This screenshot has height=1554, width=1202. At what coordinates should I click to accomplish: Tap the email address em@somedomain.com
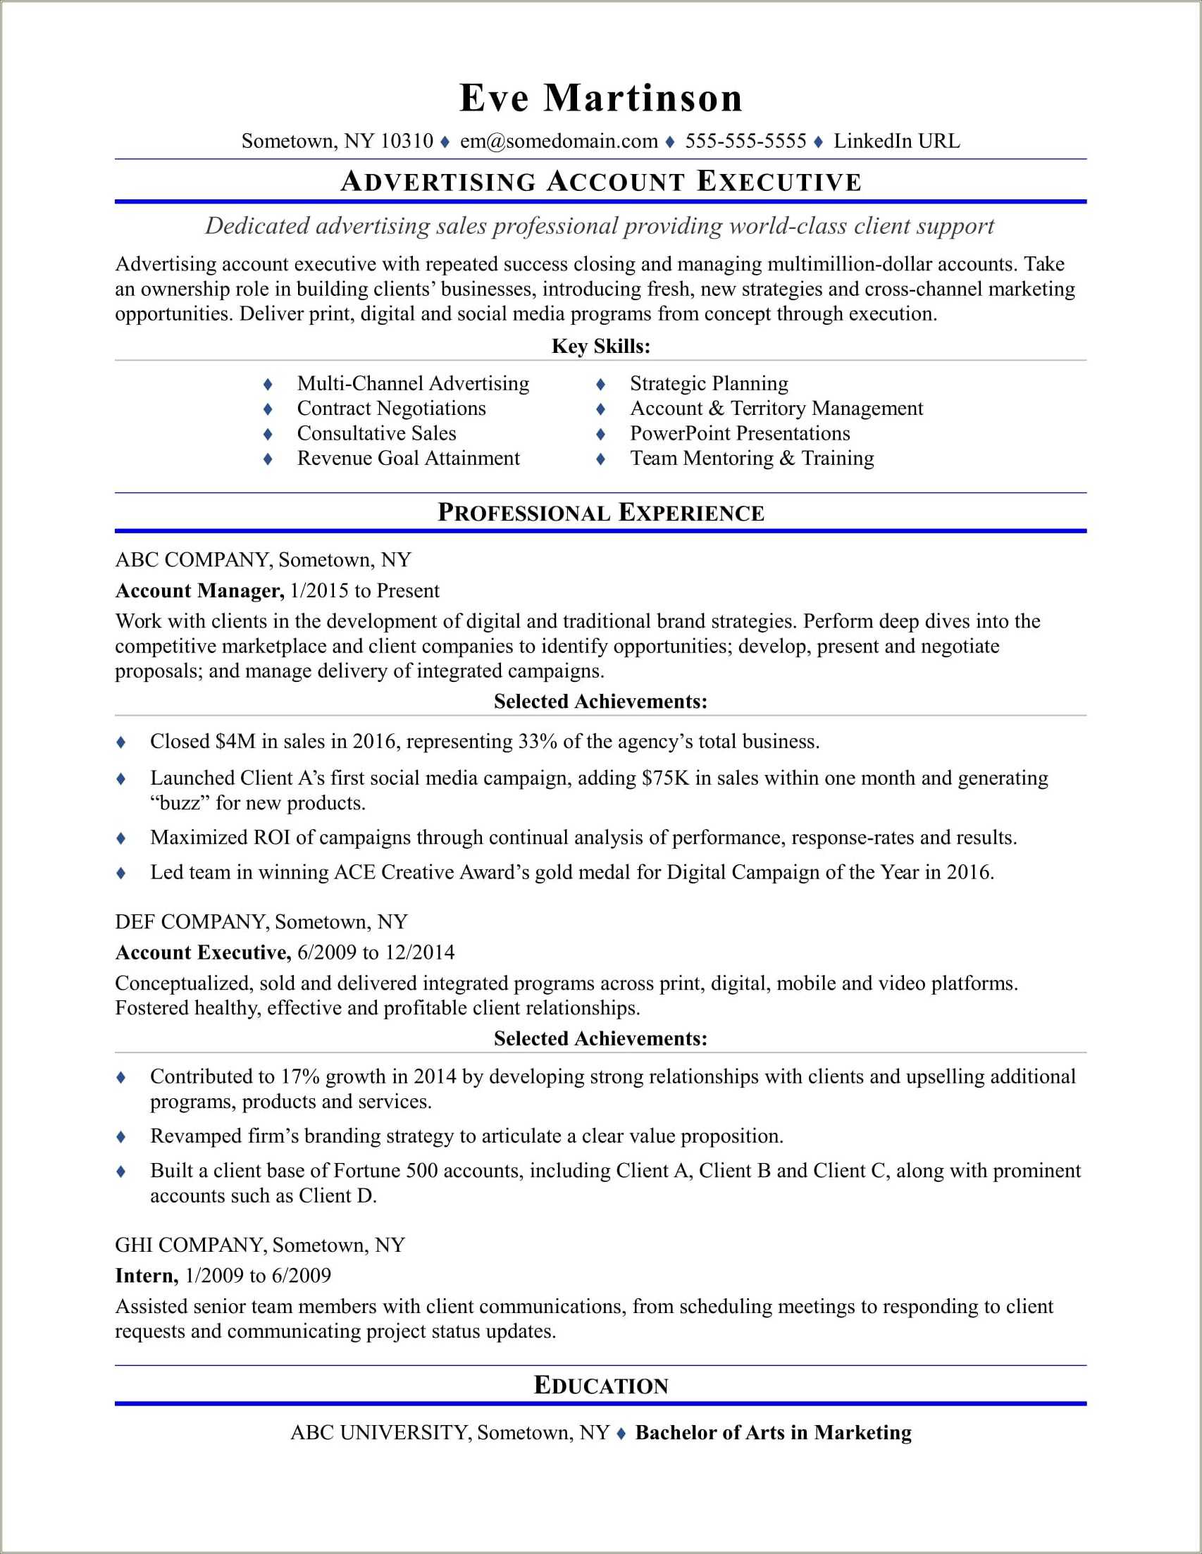[559, 141]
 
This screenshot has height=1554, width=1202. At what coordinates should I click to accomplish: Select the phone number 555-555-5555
[745, 141]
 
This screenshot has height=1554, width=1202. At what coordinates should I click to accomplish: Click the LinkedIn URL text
[896, 141]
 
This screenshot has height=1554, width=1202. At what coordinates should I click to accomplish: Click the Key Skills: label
[600, 347]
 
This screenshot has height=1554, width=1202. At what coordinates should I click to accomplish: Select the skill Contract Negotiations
[391, 409]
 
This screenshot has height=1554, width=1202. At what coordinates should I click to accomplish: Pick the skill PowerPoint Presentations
[739, 433]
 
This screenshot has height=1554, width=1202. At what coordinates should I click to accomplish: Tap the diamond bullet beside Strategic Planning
[600, 384]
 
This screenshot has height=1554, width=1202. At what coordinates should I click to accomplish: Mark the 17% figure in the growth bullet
[299, 1076]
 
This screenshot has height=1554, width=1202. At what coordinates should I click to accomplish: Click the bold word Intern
[146, 1275]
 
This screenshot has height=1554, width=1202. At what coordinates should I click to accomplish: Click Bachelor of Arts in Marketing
[773, 1432]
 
